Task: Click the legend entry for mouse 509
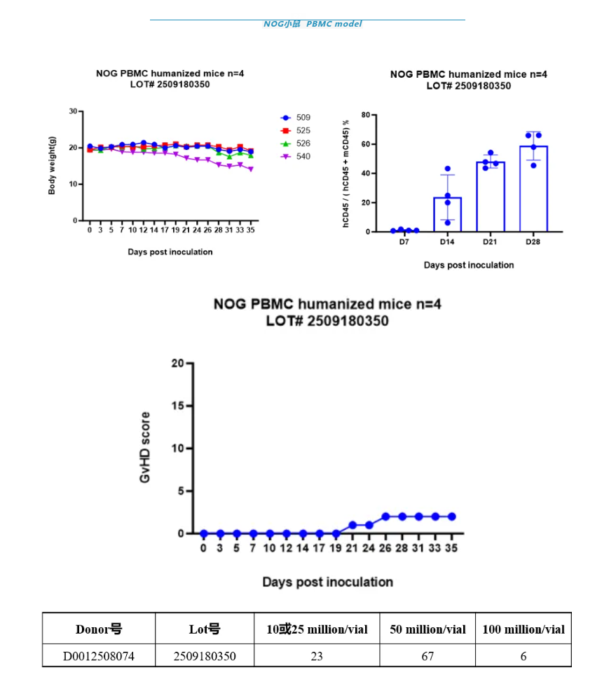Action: click(x=294, y=118)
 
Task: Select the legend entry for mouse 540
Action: click(x=294, y=156)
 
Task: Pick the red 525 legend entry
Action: click(x=294, y=130)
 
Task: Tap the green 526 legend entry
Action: click(x=294, y=144)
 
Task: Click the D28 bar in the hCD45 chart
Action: click(x=533, y=189)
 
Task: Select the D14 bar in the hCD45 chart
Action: click(x=447, y=214)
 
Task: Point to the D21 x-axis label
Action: click(x=490, y=242)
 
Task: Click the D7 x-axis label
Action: click(x=404, y=242)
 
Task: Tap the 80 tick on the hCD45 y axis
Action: click(x=364, y=115)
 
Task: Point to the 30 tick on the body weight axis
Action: click(x=73, y=111)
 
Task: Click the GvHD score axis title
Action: click(x=145, y=448)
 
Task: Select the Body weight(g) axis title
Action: click(x=53, y=165)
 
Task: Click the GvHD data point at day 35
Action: click(x=452, y=517)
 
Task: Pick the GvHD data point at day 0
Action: click(x=204, y=533)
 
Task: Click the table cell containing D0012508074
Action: click(x=99, y=656)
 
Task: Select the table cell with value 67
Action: click(x=427, y=656)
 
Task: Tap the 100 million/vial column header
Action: click(x=523, y=629)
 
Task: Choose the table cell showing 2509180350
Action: click(x=205, y=656)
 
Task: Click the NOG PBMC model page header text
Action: click(x=313, y=24)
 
